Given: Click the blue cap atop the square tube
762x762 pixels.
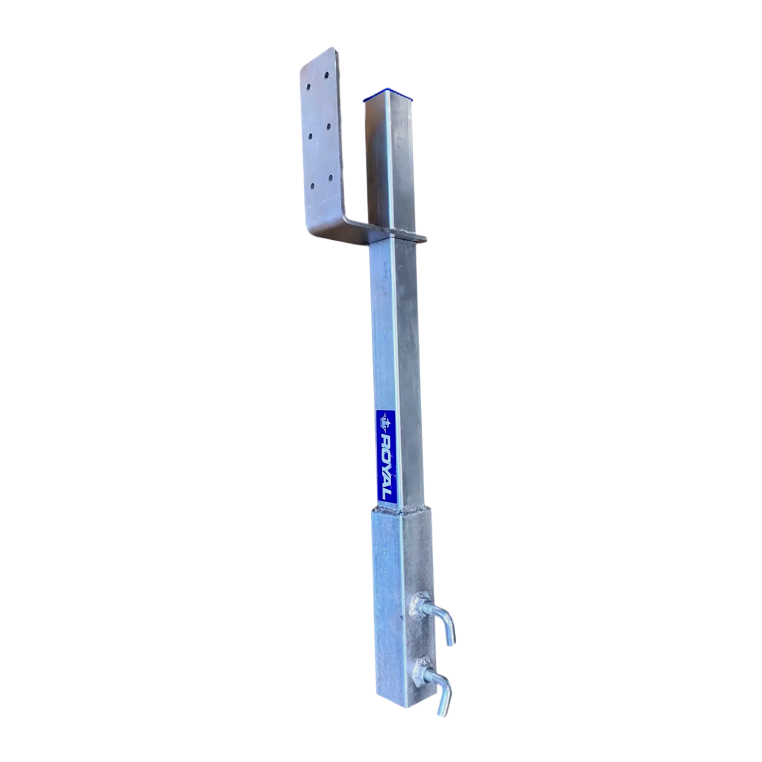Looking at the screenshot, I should [389, 96].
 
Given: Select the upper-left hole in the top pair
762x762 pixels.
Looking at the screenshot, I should [308, 87].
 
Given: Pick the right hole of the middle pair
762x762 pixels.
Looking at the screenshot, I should [329, 125].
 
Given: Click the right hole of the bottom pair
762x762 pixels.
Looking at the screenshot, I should [330, 178].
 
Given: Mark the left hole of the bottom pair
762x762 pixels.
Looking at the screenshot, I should [312, 187].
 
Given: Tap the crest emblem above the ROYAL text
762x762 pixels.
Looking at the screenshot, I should [385, 421].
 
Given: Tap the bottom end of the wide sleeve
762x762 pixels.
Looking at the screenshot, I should [401, 706].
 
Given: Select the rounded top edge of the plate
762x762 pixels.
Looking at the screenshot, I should [318, 54].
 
